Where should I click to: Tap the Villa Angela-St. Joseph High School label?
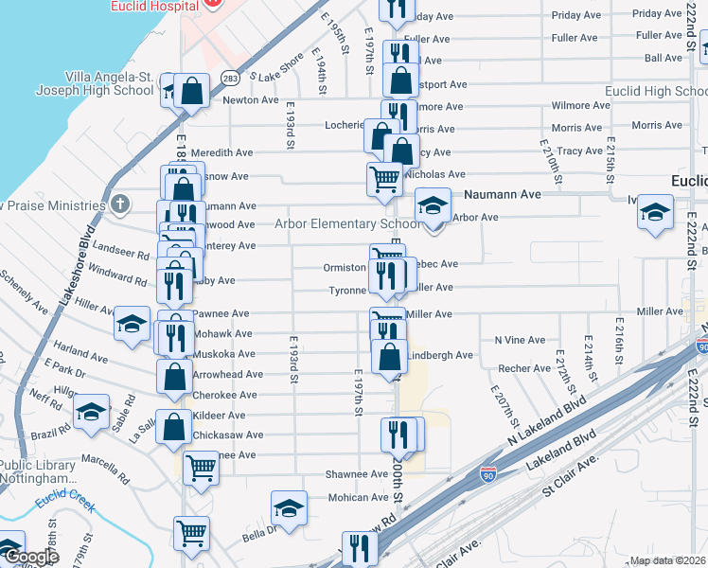pyautogui.click(x=109, y=83)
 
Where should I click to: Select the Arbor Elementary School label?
pyautogui.click(x=346, y=224)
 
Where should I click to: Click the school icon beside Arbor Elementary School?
pyautogui.click(x=433, y=206)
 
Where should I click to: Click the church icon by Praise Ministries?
pyautogui.click(x=119, y=204)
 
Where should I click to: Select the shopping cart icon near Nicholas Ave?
pyautogui.click(x=384, y=177)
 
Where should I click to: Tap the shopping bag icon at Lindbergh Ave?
pyautogui.click(x=389, y=357)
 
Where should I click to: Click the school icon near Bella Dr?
pyautogui.click(x=289, y=508)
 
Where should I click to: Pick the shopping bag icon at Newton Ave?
pyautogui.click(x=191, y=92)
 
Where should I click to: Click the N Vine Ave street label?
pyautogui.click(x=520, y=340)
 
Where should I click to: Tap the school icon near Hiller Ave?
pyautogui.click(x=132, y=324)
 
